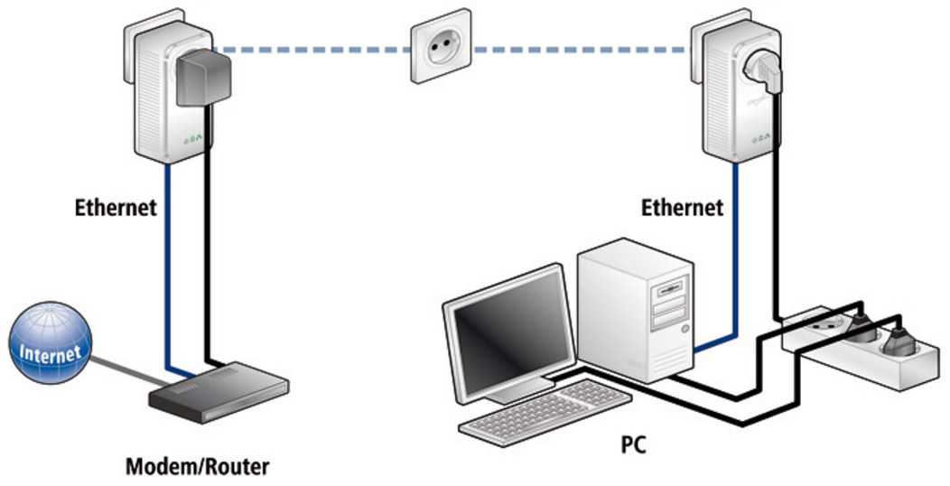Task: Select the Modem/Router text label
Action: pyautogui.click(x=196, y=468)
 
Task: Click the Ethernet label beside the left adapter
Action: pyautogui.click(x=116, y=208)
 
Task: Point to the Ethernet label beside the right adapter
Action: pyautogui.click(x=682, y=208)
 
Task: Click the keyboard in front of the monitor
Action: pyautogui.click(x=542, y=411)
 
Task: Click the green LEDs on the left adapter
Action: pyautogui.click(x=191, y=141)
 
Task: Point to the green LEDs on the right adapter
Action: pyautogui.click(x=760, y=139)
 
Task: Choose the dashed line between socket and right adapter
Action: pyautogui.click(x=578, y=49)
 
